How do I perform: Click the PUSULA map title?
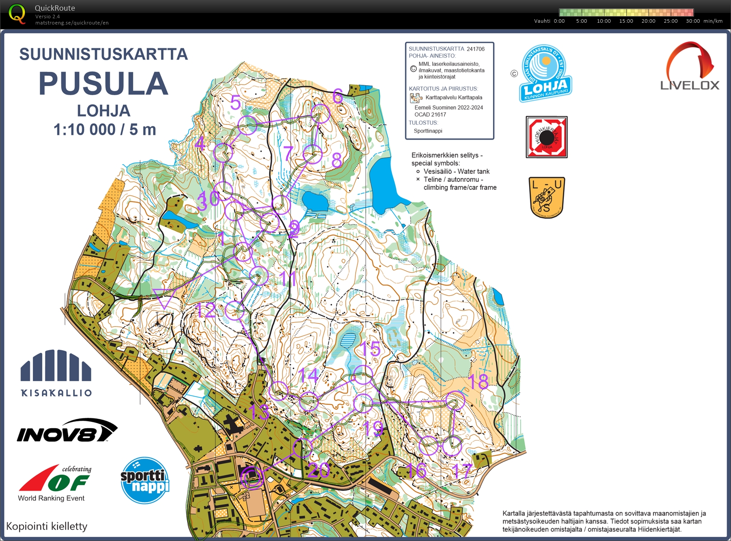103,84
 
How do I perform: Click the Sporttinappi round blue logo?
145,480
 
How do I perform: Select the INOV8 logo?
67,430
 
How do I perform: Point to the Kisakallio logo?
56,373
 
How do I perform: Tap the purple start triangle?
164,297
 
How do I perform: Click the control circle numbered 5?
247,125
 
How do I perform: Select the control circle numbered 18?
456,401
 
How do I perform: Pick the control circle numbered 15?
362,375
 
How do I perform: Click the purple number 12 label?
205,310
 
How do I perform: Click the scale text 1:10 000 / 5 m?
105,130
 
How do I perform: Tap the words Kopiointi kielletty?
47,526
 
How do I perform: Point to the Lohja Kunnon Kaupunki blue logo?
545,74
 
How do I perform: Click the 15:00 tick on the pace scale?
626,21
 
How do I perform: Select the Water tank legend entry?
456,171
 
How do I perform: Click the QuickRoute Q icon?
17,14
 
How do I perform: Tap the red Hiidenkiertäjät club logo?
546,137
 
